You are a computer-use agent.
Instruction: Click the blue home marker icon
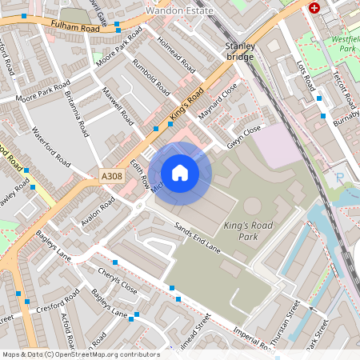coord(180,173)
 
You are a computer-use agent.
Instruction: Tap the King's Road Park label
coord(248,231)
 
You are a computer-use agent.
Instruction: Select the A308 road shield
coord(112,175)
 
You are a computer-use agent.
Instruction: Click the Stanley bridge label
coord(239,51)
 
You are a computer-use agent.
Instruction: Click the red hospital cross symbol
coord(314,7)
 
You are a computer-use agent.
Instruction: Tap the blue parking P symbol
coord(339,178)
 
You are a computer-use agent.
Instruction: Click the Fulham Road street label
coord(74,27)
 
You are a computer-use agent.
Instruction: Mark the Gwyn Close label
coord(244,132)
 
